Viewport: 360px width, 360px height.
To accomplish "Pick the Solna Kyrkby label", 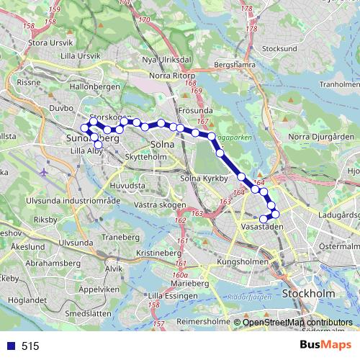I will (204, 178).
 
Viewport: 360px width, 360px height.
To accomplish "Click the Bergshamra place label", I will (235, 64).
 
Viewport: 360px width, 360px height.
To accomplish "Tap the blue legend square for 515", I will (8, 346).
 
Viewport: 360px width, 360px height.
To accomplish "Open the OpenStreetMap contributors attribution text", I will (297, 323).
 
